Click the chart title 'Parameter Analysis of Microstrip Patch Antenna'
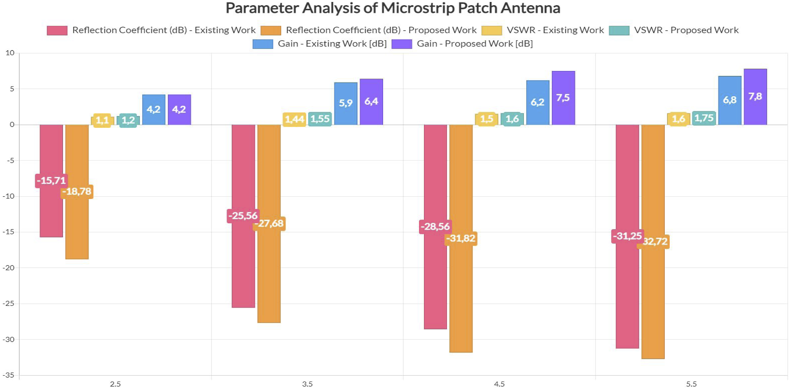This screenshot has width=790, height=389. coord(393,8)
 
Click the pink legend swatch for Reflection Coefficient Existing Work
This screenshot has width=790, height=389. coord(57,30)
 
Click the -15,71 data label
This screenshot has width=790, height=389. coord(51,181)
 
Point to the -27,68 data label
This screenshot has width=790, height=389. coord(269,223)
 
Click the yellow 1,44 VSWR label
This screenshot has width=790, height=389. coord(294,119)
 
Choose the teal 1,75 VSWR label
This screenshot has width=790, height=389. coord(704,118)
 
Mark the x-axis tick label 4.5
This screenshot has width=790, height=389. coord(499,384)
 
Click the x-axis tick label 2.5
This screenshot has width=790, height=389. coord(115,384)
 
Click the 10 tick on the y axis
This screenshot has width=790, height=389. coord(10,53)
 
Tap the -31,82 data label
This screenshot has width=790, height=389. coord(461,238)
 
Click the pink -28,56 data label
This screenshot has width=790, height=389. coord(435,227)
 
